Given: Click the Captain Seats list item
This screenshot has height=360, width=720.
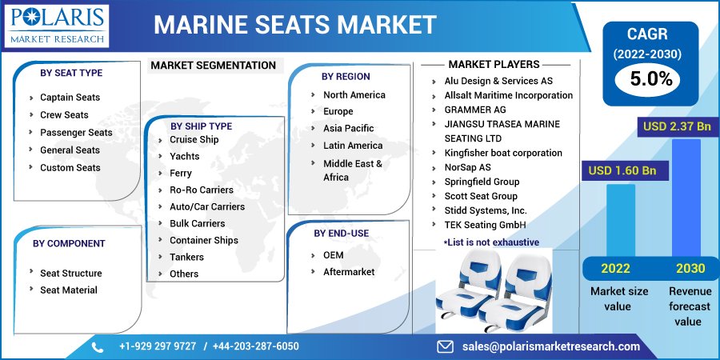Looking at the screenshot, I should coord(70,98).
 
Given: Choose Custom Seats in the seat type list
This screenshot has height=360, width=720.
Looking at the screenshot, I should coord(70,168).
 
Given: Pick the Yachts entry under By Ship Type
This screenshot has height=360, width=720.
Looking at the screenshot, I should coord(185,157).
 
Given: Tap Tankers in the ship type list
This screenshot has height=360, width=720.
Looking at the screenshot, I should coord(186,257).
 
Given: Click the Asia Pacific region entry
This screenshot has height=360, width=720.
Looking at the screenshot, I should coord(348,128).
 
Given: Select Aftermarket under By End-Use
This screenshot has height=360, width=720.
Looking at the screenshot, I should coord(349,272).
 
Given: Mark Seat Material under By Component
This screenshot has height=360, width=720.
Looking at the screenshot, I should coord(69,290).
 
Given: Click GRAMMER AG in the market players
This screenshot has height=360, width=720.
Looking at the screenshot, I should coord(475,110).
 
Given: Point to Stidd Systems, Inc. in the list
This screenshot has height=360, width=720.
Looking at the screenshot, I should coord(486,210).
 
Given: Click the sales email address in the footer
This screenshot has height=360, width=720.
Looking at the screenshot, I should coord(551,346).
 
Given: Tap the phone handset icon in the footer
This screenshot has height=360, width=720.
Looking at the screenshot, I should coord(98,346).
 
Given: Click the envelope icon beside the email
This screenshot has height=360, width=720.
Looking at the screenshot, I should coord(446,346).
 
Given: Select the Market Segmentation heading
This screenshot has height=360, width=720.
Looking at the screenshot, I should coord(213,66).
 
